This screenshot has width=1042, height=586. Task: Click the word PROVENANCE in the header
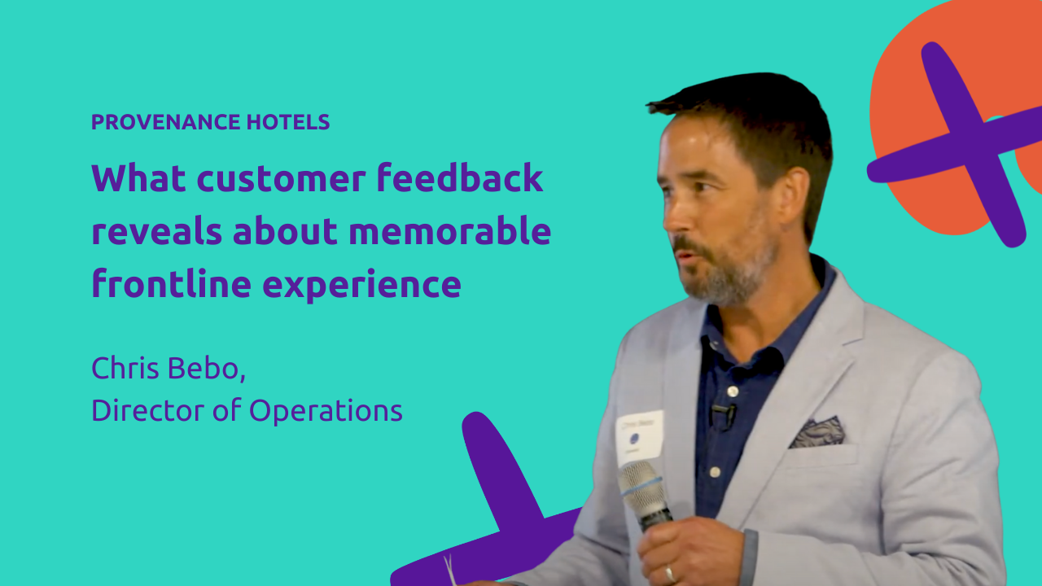pyautogui.click(x=165, y=122)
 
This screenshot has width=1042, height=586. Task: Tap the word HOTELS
pyautogui.click(x=288, y=122)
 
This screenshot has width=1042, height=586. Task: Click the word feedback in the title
pyautogui.click(x=460, y=177)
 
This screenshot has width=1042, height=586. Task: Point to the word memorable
pyautogui.click(x=450, y=230)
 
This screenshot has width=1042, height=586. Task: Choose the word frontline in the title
pyautogui.click(x=171, y=283)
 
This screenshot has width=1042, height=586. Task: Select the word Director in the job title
pyautogui.click(x=148, y=410)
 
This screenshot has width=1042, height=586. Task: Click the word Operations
pyautogui.click(x=326, y=411)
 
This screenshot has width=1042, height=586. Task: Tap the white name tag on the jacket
pyautogui.click(x=640, y=437)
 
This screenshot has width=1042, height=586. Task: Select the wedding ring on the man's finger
pyautogui.click(x=669, y=574)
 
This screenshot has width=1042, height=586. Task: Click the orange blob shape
pyautogui.click(x=953, y=116)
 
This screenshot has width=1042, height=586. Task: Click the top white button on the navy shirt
pyautogui.click(x=732, y=391)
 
